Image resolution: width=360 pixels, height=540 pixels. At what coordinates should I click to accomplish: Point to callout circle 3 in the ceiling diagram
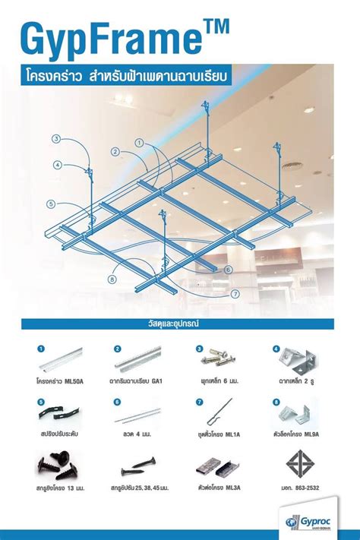(x=56, y=138)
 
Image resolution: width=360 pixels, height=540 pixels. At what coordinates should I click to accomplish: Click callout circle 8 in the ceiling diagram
(x=112, y=279)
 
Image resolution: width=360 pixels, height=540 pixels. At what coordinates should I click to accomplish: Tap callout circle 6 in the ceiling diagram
(x=228, y=270)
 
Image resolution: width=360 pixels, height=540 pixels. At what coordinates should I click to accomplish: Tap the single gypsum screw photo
(x=137, y=464)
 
